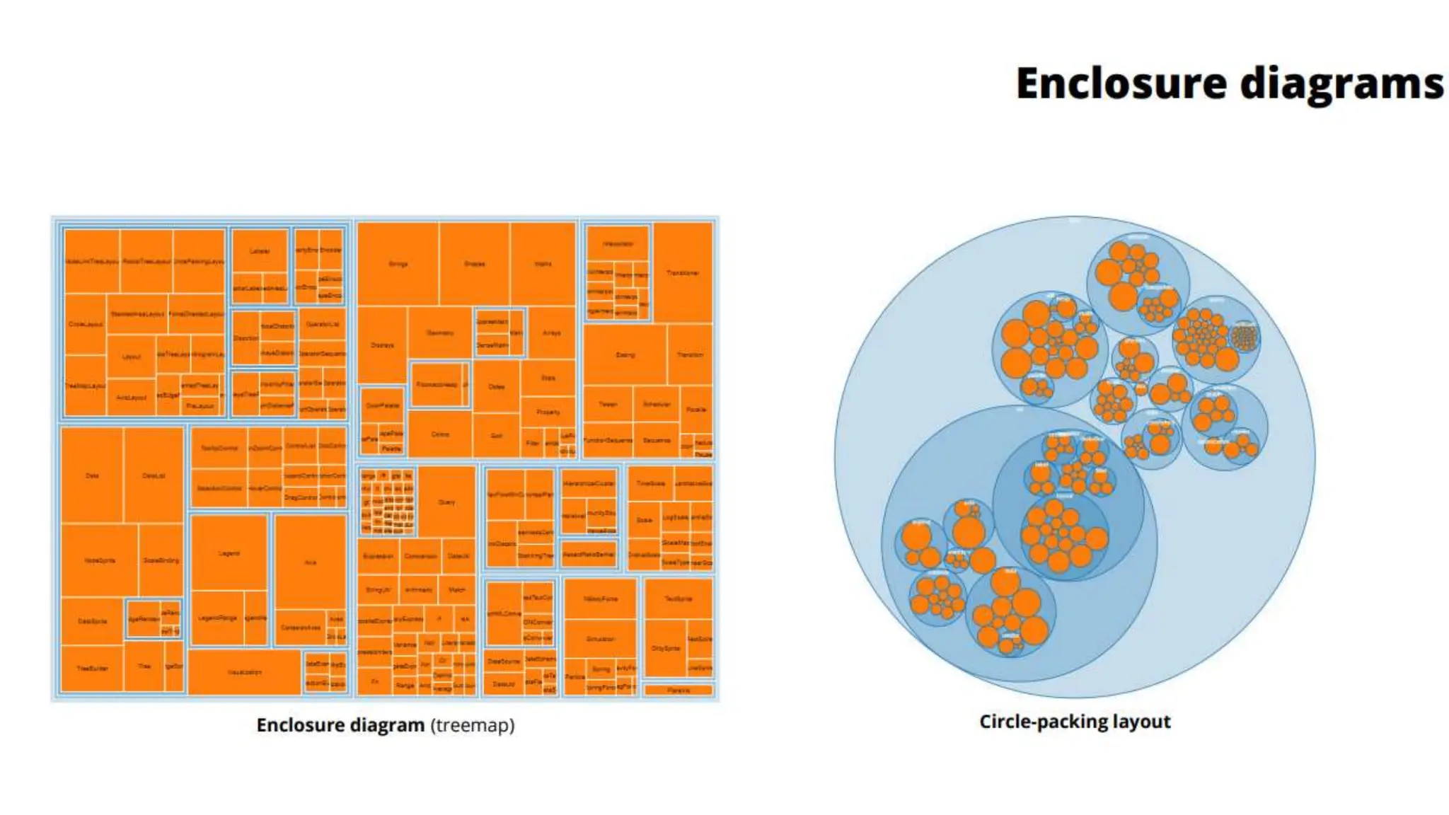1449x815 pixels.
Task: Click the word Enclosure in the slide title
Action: point(1121,83)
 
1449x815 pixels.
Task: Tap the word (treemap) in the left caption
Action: point(473,725)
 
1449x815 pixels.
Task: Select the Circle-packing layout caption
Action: point(1075,722)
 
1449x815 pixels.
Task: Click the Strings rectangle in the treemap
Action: point(398,264)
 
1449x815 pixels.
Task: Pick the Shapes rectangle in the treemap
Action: point(474,264)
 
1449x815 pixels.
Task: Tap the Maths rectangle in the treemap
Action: point(543,264)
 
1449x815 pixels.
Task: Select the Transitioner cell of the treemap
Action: point(682,272)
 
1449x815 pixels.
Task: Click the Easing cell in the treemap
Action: point(625,354)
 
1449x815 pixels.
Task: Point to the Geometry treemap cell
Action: point(439,333)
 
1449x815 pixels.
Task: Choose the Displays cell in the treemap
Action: point(382,345)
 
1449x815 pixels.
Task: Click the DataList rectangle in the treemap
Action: point(154,475)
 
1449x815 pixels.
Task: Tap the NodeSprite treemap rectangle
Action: point(99,560)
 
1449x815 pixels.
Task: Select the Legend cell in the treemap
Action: point(229,553)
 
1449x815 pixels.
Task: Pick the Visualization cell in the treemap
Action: point(244,672)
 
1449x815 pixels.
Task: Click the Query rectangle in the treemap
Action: point(446,502)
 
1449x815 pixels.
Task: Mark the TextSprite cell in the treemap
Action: point(678,599)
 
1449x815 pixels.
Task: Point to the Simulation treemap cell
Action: point(600,639)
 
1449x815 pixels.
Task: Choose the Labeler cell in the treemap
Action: point(260,251)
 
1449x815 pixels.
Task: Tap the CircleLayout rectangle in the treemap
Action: point(86,324)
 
